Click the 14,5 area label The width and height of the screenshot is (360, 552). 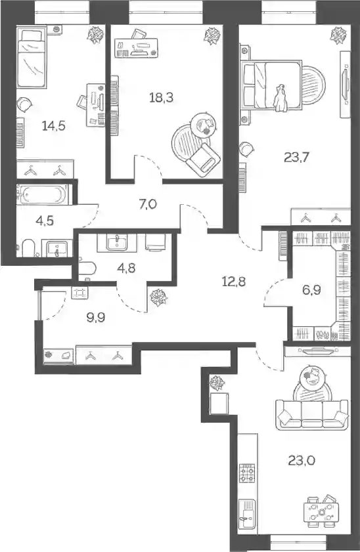(x=54, y=125)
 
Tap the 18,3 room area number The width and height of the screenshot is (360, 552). (x=161, y=98)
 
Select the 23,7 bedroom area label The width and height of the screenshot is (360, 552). (x=296, y=157)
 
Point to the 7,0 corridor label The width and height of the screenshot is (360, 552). (x=148, y=204)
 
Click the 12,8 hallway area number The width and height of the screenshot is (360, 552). (x=234, y=282)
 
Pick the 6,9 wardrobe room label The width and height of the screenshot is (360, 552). (x=312, y=290)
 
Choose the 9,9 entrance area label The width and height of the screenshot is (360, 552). (x=96, y=318)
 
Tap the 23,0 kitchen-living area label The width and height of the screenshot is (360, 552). (x=302, y=460)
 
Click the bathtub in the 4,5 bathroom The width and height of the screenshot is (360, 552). (x=44, y=194)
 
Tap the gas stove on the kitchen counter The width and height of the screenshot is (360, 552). (x=247, y=473)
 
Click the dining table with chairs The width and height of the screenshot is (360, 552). (x=321, y=512)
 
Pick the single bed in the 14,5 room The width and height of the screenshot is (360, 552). (x=32, y=58)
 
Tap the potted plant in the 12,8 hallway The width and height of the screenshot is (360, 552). (x=158, y=297)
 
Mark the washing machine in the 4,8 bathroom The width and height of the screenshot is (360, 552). (x=156, y=242)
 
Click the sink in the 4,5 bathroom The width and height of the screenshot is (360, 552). (x=57, y=248)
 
